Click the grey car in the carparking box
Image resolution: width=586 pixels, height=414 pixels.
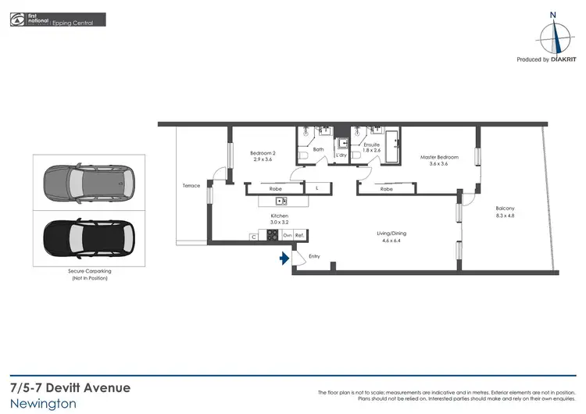(88, 183)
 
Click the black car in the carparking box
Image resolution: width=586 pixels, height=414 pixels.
(88, 235)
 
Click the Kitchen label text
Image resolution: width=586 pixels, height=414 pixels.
(279, 216)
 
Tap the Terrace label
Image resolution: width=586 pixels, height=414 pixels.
(191, 185)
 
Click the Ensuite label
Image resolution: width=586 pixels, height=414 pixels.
(371, 145)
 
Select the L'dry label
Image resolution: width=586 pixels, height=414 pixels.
(341, 155)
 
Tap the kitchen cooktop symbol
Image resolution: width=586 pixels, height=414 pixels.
(273, 235)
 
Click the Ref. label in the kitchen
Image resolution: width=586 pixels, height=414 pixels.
(299, 235)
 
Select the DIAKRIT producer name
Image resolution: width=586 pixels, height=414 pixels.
(564, 59)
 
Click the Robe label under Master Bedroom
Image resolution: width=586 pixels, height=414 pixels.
(386, 189)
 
